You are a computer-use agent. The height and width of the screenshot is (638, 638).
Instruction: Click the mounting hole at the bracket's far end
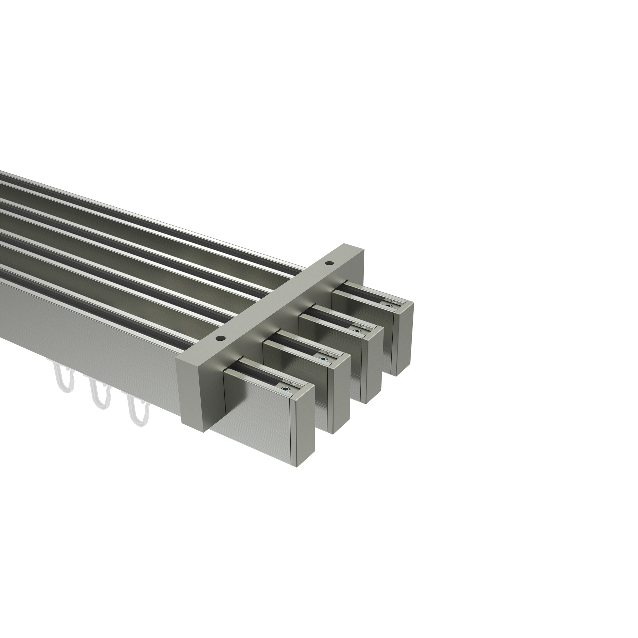click(329, 263)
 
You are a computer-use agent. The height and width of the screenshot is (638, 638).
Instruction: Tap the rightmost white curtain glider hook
click(137, 410)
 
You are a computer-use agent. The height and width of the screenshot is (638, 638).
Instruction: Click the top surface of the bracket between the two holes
click(274, 302)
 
